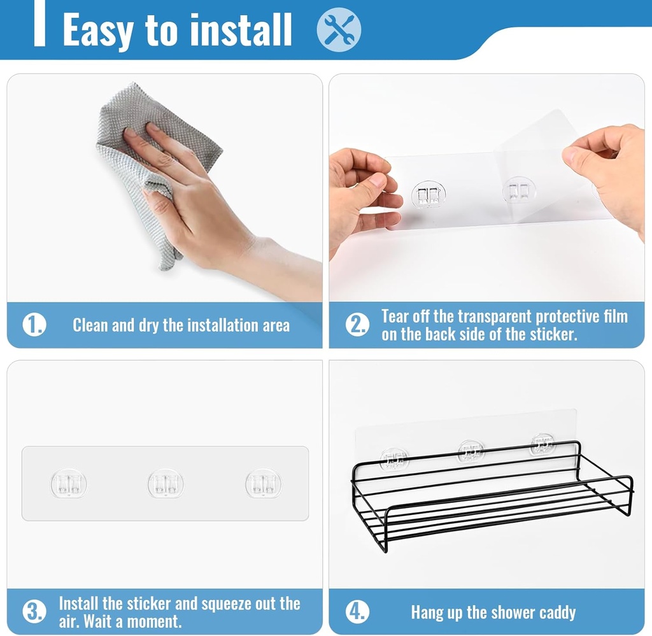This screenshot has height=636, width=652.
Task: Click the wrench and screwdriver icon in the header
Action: point(339,29)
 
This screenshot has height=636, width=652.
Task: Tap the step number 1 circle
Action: point(34,325)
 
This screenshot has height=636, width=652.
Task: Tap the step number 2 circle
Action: point(357,325)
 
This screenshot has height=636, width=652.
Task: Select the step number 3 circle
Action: point(34,612)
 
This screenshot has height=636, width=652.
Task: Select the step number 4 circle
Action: point(357,612)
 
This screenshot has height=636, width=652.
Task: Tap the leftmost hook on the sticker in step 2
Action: point(428,194)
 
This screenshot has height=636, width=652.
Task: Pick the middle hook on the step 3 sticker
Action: point(166,484)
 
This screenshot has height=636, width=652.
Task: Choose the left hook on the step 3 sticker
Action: point(69,484)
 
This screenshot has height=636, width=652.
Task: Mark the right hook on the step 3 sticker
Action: point(264,484)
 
